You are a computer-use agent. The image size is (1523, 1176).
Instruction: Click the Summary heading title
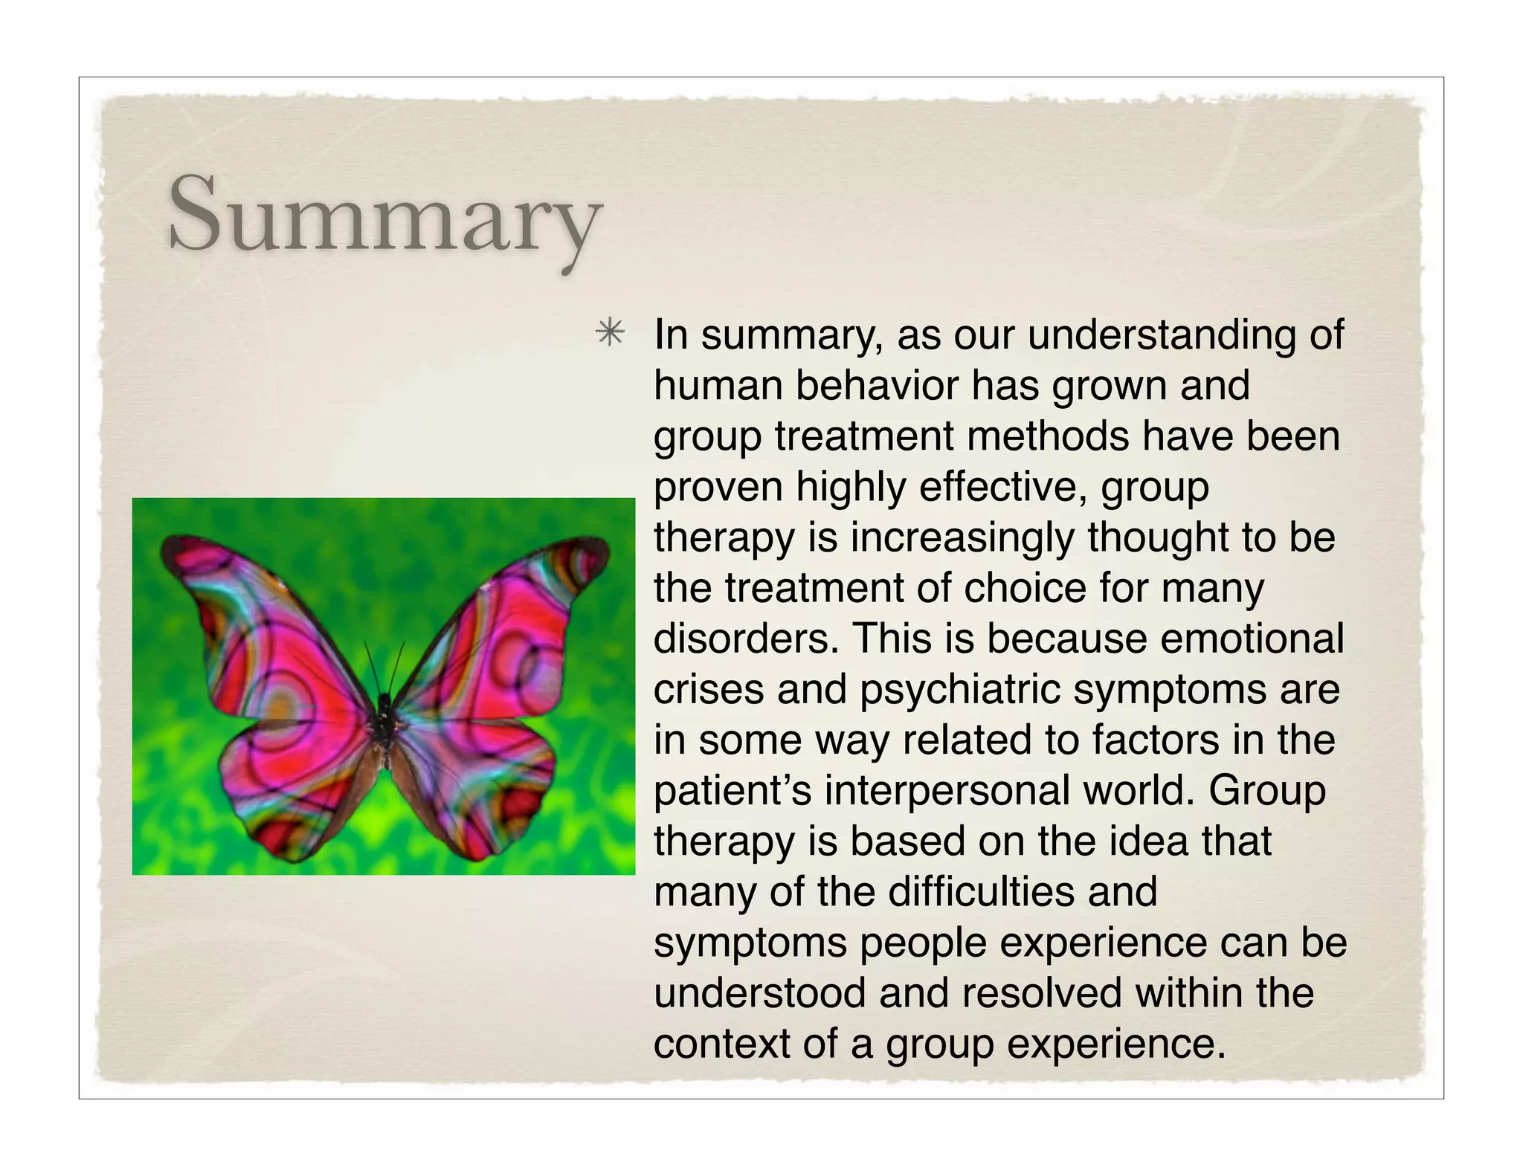pyautogui.click(x=384, y=216)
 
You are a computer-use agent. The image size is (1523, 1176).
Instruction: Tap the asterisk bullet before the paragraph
pyautogui.click(x=610, y=332)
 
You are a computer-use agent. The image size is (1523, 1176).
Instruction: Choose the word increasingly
pyautogui.click(x=962, y=537)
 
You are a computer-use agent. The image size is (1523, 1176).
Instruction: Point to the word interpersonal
pyautogui.click(x=947, y=790)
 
